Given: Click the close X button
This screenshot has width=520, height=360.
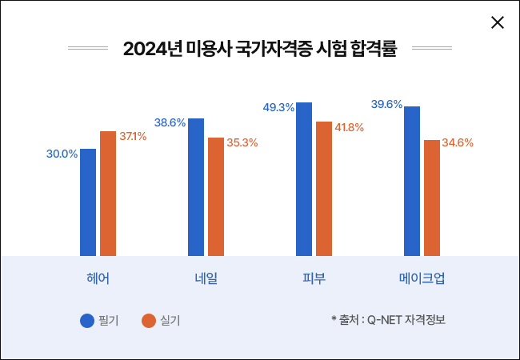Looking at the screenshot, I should tap(497, 22).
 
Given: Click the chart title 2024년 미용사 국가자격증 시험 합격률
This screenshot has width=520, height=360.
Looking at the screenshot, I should tap(260, 48).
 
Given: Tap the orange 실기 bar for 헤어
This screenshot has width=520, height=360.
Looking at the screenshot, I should tap(108, 193).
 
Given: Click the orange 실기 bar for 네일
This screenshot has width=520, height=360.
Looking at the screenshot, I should tap(216, 196).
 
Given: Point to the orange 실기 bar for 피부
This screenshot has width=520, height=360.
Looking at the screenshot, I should tap(324, 188).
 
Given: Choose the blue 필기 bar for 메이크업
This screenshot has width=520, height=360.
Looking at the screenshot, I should tap(412, 181).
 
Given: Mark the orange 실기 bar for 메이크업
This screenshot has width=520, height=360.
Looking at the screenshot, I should tap(432, 198).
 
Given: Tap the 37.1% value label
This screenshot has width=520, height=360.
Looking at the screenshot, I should tap(133, 136).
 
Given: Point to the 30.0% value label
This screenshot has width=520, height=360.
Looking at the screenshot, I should tap(62, 154).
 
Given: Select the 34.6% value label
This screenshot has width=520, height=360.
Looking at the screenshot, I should tap(458, 143).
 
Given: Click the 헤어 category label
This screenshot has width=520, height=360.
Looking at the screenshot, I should tap(98, 278).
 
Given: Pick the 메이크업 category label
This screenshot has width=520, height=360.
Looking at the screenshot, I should tap(422, 278).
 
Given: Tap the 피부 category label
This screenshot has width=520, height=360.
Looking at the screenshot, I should tap(314, 278).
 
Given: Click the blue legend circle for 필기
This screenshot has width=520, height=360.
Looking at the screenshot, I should tap(87, 321).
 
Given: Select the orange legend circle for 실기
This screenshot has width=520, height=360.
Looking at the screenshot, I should tap(148, 321).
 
